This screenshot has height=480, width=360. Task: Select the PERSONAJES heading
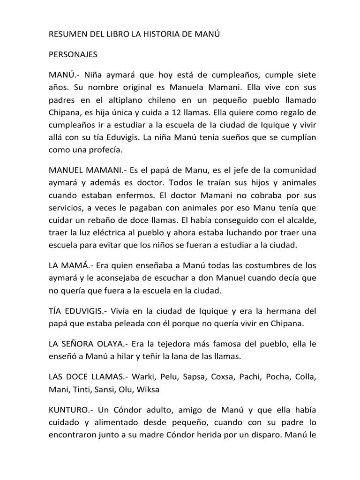(73, 54)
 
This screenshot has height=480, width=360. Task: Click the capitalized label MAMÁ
(75, 265)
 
